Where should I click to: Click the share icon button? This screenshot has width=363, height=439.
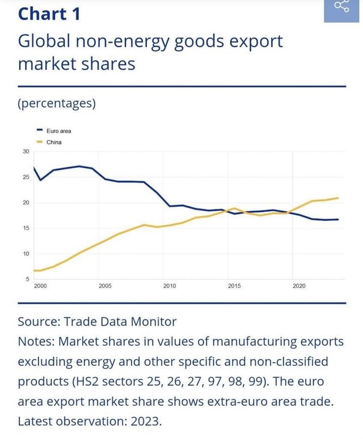coord(341,7)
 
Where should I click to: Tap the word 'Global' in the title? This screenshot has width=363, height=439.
coord(45,41)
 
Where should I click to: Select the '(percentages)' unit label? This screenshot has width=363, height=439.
coord(56,104)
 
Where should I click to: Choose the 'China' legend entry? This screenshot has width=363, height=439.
coord(54,142)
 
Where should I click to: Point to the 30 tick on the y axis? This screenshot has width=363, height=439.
coord(26,152)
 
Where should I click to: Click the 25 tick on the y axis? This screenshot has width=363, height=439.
coord(26,177)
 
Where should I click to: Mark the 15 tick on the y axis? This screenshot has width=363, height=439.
coord(26,228)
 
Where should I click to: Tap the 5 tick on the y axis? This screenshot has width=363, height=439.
coord(27,279)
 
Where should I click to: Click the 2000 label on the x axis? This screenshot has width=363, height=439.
coord(40,286)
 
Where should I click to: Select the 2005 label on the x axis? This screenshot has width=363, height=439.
coord(105,286)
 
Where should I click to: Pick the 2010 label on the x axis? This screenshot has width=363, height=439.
coord(170,286)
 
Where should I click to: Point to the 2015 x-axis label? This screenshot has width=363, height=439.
coord(234,286)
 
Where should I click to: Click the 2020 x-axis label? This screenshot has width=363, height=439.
coord(299,286)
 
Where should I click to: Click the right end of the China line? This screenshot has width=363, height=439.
coord(339,198)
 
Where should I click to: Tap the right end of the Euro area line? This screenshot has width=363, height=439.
coord(339,219)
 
